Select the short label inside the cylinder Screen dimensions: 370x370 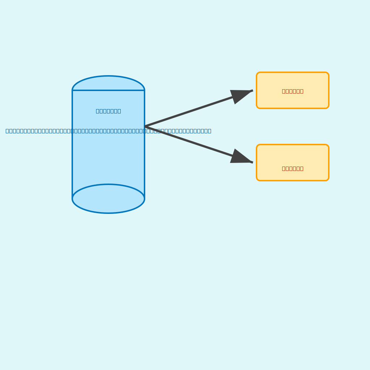[108, 111]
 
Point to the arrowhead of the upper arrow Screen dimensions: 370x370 [242, 94]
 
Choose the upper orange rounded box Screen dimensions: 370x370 [293, 81]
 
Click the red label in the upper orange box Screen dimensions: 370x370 [293, 91]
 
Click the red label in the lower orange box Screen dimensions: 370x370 [293, 168]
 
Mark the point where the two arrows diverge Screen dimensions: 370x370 [145, 126]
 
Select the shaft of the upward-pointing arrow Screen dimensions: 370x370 [188, 112]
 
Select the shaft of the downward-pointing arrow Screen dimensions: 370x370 [188, 141]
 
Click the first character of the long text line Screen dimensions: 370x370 [7, 131]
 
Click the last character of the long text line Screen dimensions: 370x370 [210, 131]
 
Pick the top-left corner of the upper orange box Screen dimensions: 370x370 [258, 73]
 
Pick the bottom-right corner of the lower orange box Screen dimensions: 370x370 [328, 180]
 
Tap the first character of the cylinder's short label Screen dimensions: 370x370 [98, 111]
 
